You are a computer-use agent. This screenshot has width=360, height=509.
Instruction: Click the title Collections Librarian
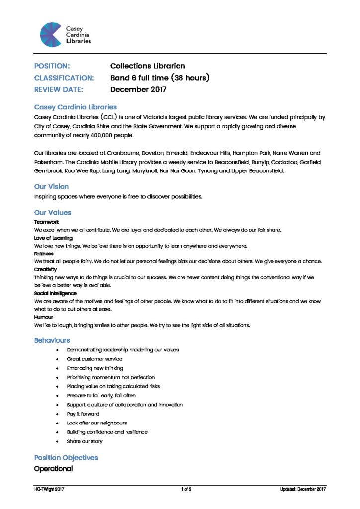[x=148, y=66]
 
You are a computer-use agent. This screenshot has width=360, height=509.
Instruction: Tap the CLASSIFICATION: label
[x=64, y=78]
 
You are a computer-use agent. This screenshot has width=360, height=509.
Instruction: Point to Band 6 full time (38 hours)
[x=160, y=78]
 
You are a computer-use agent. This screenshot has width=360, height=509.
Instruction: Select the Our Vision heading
[x=51, y=187]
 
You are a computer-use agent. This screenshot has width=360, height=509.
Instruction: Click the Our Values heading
[x=52, y=212]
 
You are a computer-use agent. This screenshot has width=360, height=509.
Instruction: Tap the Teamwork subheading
[x=46, y=222]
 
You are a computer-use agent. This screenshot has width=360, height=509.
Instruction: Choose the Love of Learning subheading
[x=53, y=238]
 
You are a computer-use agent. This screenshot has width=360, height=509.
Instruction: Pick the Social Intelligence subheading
[x=55, y=293]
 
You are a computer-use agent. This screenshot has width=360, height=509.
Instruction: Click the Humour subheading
[x=44, y=317]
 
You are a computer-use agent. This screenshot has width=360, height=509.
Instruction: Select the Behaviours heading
[x=52, y=340]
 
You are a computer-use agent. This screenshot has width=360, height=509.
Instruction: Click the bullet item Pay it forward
[x=83, y=414]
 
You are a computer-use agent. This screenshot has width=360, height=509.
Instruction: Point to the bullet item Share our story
[x=85, y=441]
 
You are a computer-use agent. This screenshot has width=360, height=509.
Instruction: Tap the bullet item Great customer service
[x=94, y=359]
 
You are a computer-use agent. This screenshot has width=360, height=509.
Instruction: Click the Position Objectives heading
[x=66, y=457]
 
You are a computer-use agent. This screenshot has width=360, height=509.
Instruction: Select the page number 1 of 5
[x=186, y=490]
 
